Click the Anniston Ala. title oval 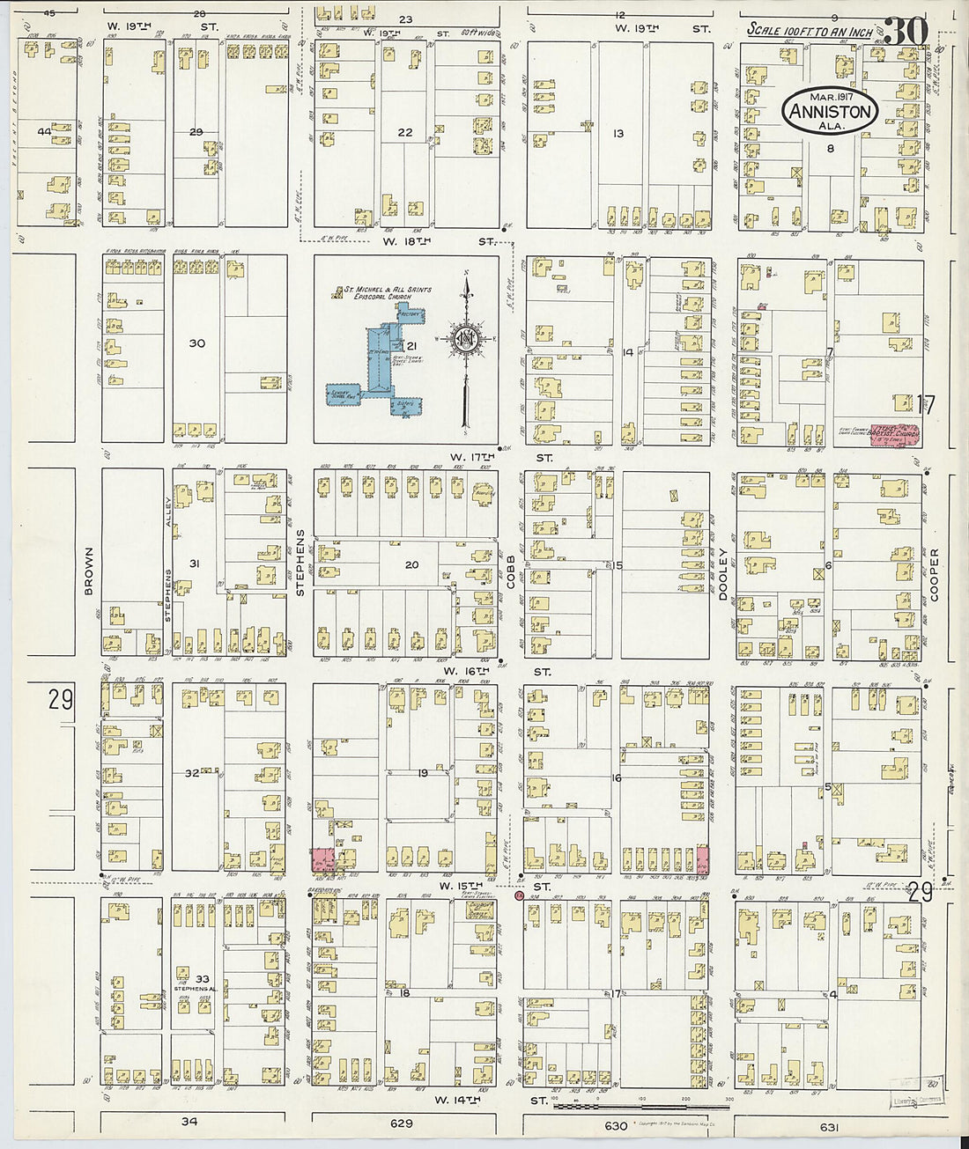831,111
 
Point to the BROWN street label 89,571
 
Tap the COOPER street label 934,575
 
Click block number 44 44,131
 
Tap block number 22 404,132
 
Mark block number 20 411,565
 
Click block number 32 192,774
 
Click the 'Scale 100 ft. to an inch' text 810,31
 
